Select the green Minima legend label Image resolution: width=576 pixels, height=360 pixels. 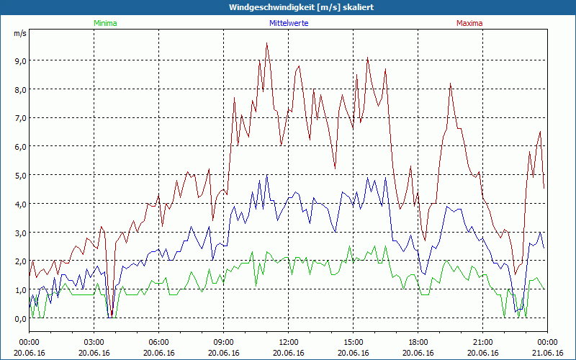click(104, 23)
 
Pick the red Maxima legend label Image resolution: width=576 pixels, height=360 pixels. click(469, 23)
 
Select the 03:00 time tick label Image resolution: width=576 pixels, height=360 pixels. click(94, 342)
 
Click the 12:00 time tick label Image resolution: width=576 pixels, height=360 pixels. click(289, 342)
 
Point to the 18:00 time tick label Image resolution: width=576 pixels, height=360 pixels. click(418, 342)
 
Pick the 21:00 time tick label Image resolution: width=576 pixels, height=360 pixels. click(483, 342)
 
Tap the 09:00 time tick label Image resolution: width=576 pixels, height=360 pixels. click(224, 342)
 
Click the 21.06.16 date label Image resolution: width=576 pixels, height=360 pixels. click(547, 353)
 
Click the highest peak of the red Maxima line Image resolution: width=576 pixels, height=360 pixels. click(266, 43)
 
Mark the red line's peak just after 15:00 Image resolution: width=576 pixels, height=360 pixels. click(367, 58)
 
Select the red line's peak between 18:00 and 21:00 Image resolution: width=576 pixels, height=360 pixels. click(451, 84)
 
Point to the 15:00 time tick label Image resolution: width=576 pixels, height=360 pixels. click(354, 342)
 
